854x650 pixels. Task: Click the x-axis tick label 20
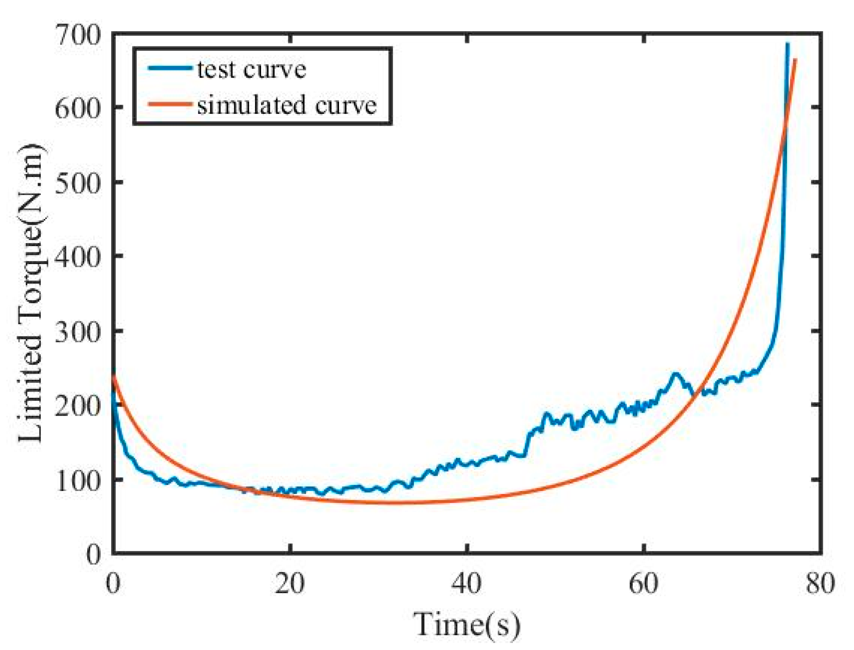tap(289, 583)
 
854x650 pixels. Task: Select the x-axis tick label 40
tap(467, 583)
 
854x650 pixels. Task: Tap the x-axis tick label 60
tap(644, 583)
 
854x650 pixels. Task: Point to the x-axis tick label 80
tap(820, 583)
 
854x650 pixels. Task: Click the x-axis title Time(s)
tap(467, 625)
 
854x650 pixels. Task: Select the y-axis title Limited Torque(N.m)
tap(32, 293)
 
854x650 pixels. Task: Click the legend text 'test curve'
tap(251, 69)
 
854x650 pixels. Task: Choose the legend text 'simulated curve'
tap(286, 105)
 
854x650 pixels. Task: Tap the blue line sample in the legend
tap(170, 68)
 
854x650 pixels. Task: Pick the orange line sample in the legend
tap(170, 104)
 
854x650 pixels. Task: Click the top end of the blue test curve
tap(787, 44)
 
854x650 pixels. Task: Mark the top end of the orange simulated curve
tap(795, 60)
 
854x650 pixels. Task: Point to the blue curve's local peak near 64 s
tap(676, 374)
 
